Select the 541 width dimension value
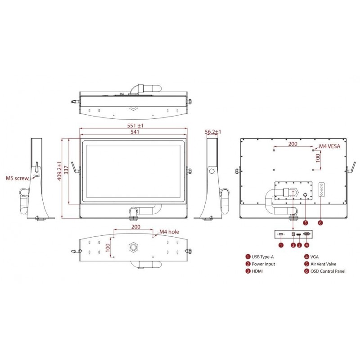(135, 132)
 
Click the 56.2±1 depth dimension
(213, 132)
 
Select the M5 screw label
(17, 178)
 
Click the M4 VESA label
(330, 146)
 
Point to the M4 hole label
(169, 232)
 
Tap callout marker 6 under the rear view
(320, 222)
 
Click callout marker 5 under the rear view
(305, 222)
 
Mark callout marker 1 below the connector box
(281, 245)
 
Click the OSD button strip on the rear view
(321, 189)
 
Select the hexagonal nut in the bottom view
(134, 247)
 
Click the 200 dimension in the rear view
(292, 144)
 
